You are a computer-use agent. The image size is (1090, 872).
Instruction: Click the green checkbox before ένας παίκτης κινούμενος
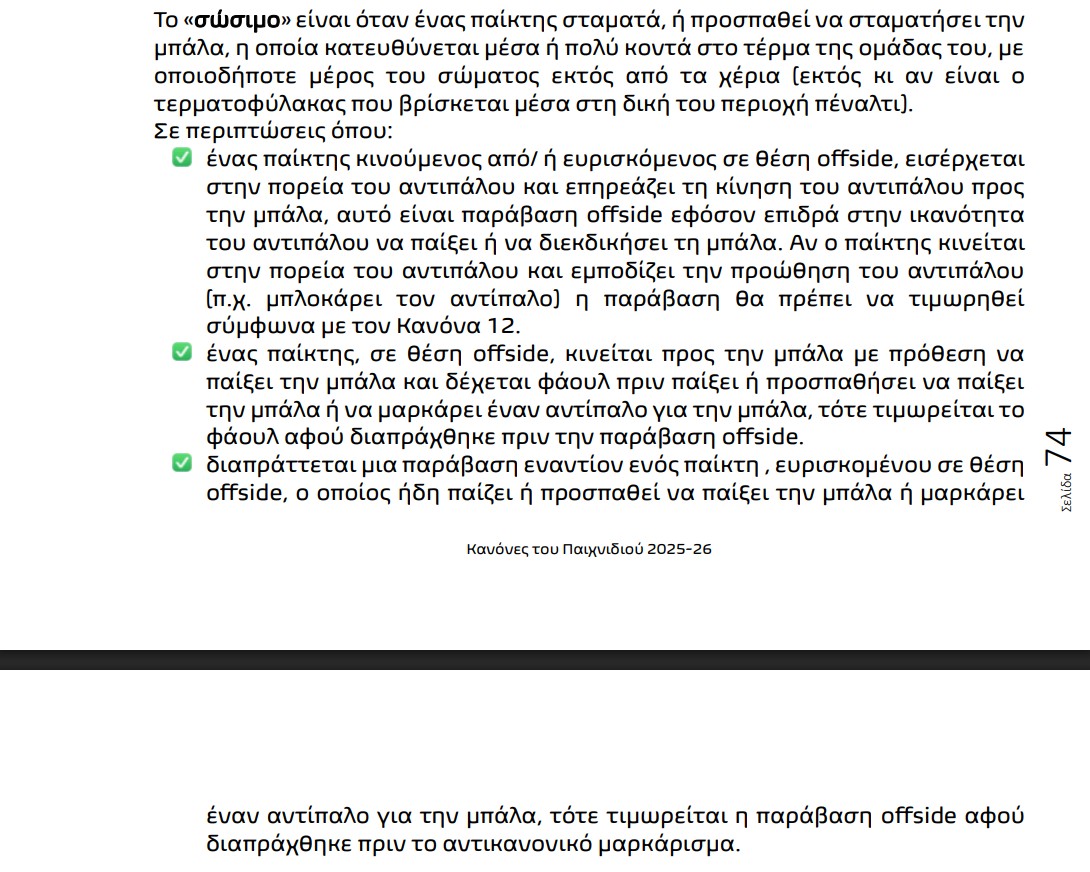(x=182, y=158)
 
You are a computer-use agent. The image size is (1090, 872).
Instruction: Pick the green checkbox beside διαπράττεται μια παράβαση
(x=182, y=463)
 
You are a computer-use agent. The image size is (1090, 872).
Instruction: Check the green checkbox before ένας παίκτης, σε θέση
(x=182, y=352)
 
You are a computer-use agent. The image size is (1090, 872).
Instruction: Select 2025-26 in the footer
(x=679, y=549)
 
